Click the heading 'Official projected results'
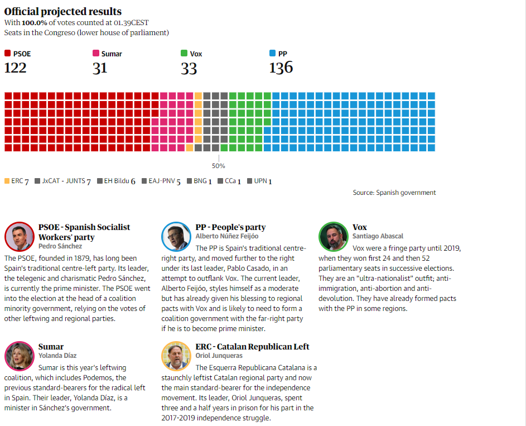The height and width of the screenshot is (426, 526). (x=62, y=12)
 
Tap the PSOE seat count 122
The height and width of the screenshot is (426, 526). (x=16, y=68)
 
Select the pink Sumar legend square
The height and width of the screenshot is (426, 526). (x=96, y=54)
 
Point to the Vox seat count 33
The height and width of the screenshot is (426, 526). (x=189, y=68)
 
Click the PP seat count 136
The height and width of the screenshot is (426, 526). (x=281, y=68)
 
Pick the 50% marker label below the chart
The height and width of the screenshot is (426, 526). (x=218, y=166)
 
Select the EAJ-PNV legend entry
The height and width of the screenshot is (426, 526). (x=161, y=181)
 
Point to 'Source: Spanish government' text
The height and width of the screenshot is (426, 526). (x=394, y=193)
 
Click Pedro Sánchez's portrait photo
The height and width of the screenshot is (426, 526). (x=19, y=237)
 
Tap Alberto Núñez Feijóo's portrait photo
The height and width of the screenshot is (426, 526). (x=176, y=237)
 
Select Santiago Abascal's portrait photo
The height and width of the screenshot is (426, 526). (x=333, y=237)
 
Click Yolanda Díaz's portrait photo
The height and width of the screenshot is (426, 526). (x=19, y=356)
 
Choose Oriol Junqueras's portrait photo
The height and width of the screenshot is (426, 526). (x=176, y=356)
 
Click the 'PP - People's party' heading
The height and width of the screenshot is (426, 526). (x=230, y=227)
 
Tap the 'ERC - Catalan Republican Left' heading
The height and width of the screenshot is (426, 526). (x=252, y=347)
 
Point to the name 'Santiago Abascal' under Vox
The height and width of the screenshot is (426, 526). (x=378, y=236)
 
